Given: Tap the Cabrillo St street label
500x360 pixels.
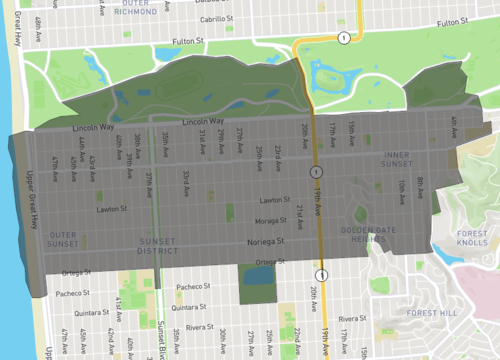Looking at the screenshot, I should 223,17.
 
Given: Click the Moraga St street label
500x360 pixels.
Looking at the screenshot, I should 270,220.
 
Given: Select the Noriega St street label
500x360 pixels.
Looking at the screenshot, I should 267,241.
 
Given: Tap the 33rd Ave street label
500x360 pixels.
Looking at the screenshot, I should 186,181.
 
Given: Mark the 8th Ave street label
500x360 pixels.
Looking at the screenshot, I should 421,185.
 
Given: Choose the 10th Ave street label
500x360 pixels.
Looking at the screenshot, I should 398,189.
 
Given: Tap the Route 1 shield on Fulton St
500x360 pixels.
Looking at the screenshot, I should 344,38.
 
